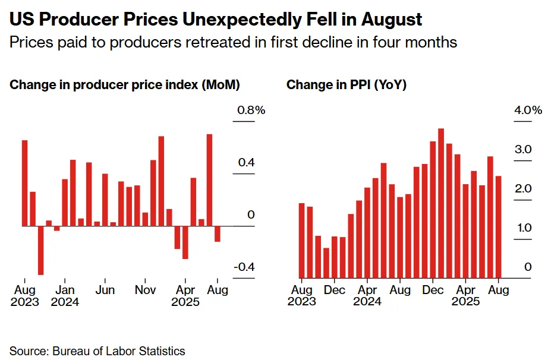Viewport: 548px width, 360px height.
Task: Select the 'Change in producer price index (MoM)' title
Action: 125,85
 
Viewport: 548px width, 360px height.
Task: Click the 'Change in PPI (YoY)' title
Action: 347,85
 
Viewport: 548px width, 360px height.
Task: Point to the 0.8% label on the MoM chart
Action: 251,110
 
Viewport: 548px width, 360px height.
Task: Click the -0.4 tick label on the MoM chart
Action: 244,267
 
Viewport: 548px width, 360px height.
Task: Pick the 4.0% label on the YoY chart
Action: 528,110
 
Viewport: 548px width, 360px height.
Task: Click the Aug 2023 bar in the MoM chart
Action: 24,183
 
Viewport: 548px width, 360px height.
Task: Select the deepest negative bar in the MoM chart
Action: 40,250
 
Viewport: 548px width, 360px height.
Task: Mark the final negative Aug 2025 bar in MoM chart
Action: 218,234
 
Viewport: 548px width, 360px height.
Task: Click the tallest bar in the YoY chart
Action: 441,203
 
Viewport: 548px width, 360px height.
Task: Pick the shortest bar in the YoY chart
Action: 326,263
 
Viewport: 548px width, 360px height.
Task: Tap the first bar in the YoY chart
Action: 301,241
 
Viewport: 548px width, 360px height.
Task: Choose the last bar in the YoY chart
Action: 499,227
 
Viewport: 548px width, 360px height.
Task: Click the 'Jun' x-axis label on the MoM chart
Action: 105,290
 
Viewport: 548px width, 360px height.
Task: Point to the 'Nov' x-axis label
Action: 145,290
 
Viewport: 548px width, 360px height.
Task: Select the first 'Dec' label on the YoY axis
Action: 334,290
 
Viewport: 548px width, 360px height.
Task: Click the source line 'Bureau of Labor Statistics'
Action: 119,351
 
